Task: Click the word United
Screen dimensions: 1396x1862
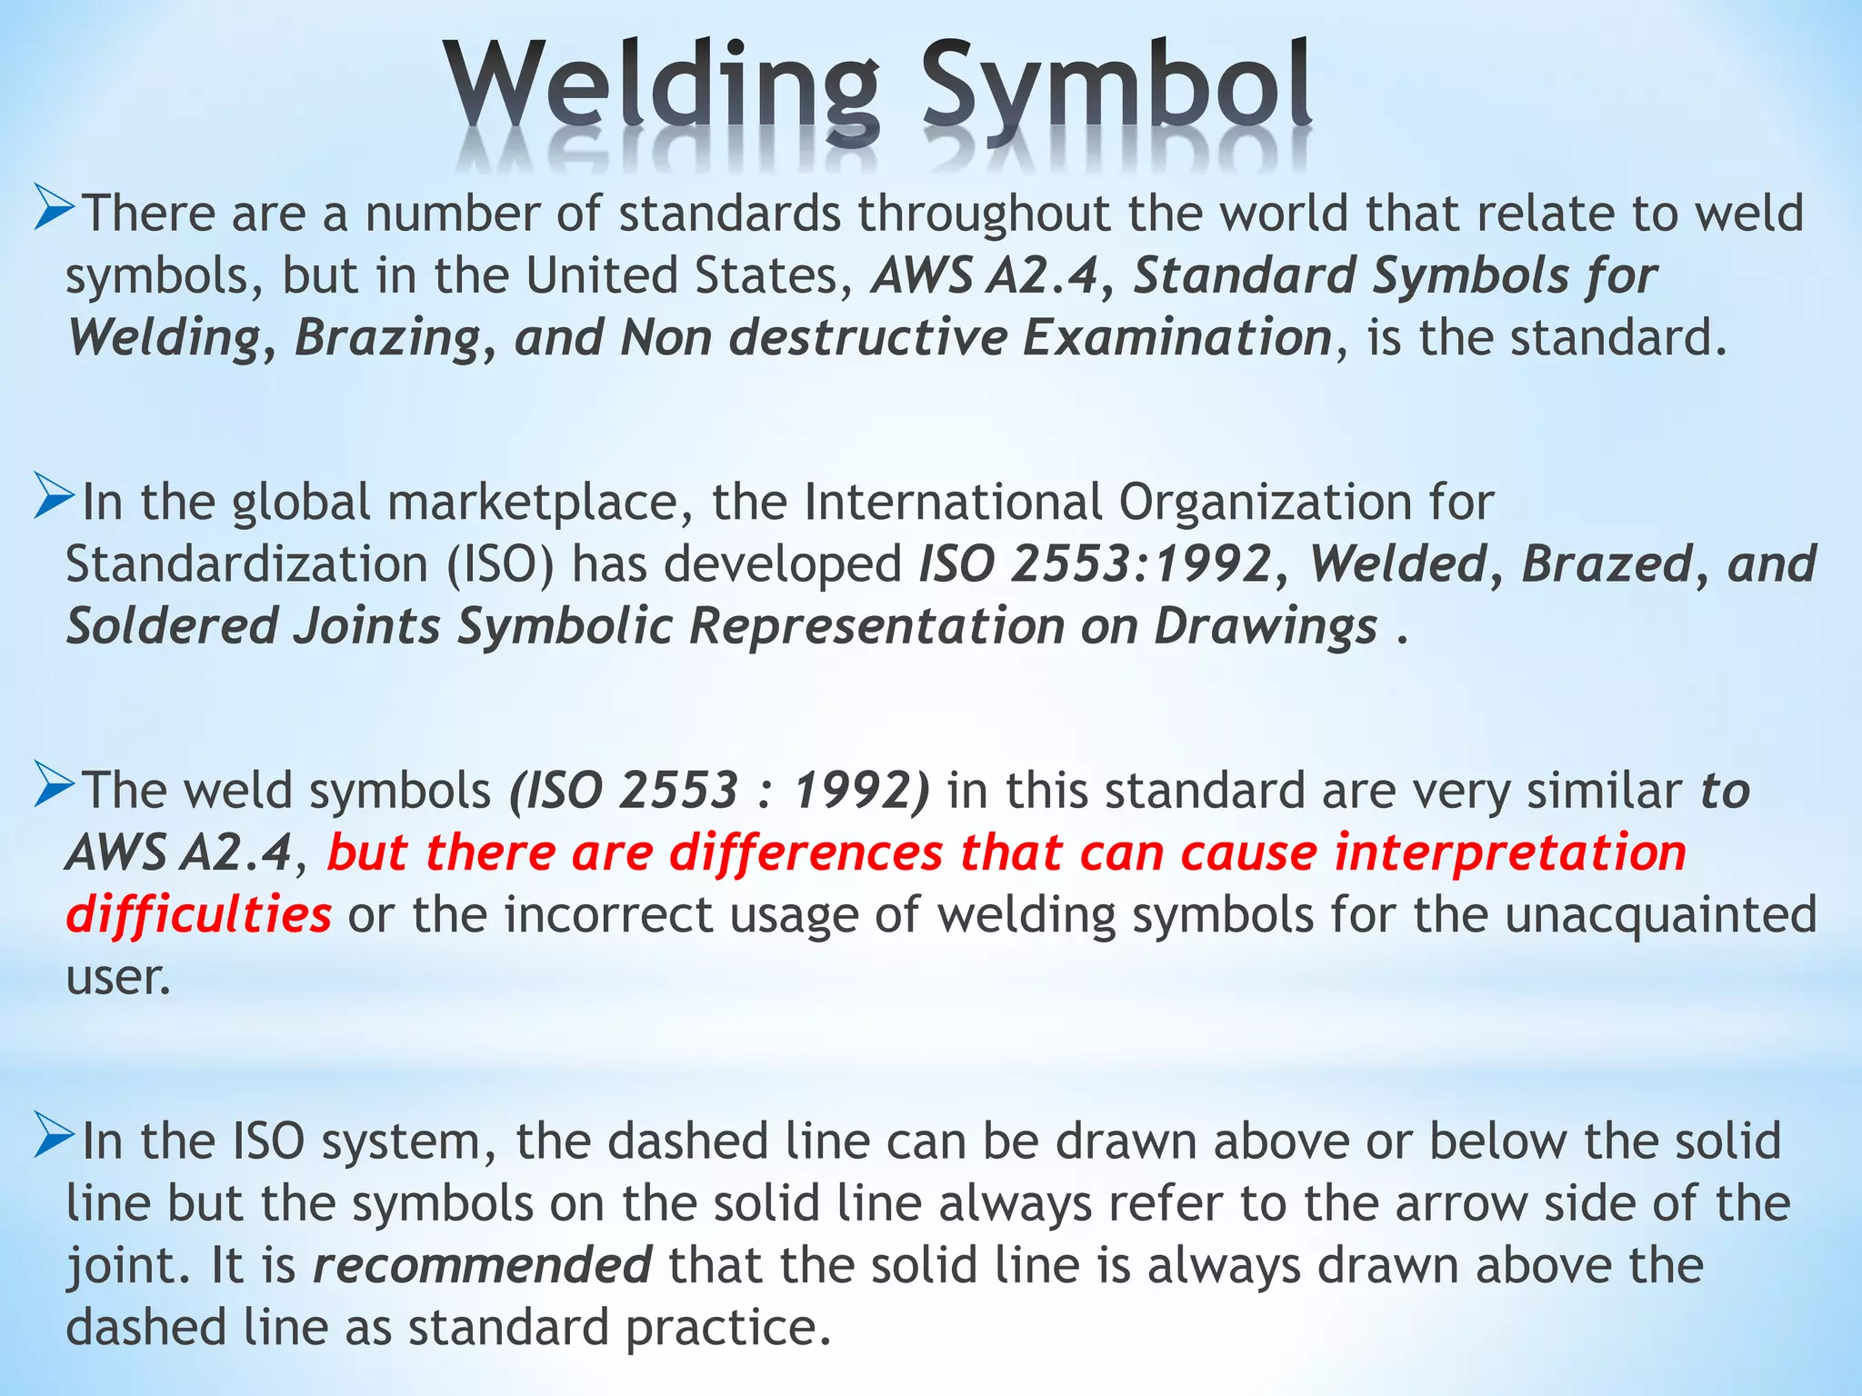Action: pos(601,275)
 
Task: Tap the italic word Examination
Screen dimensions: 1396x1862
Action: pos(1177,338)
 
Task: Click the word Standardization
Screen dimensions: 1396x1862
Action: pos(246,564)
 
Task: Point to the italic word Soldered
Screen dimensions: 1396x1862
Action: pos(172,626)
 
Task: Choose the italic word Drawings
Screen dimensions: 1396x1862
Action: pos(1266,628)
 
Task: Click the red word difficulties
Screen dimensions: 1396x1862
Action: pos(199,914)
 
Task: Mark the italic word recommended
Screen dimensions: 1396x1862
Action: pos(482,1265)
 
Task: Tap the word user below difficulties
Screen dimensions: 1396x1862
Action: pos(117,978)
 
